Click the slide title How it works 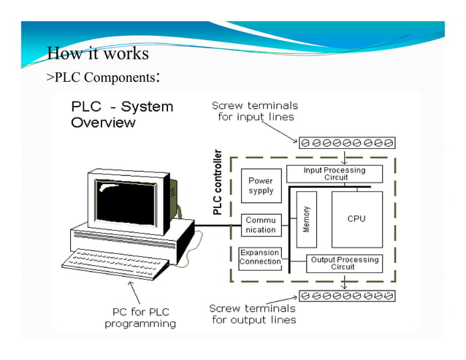pyautogui.click(x=97, y=54)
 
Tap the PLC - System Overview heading pyautogui.click(x=122, y=115)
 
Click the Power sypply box pyautogui.click(x=261, y=185)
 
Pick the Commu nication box pyautogui.click(x=261, y=224)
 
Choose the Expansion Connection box pyautogui.click(x=260, y=257)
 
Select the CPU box pyautogui.click(x=356, y=219)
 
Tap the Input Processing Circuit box pyautogui.click(x=335, y=174)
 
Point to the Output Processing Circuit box pyautogui.click(x=344, y=263)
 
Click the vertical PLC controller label pyautogui.click(x=217, y=183)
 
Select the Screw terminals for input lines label pyautogui.click(x=255, y=111)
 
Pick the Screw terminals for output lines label pyautogui.click(x=253, y=313)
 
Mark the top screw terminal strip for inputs pyautogui.click(x=347, y=142)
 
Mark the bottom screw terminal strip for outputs pyautogui.click(x=347, y=296)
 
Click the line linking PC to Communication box pyautogui.click(x=217, y=224)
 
